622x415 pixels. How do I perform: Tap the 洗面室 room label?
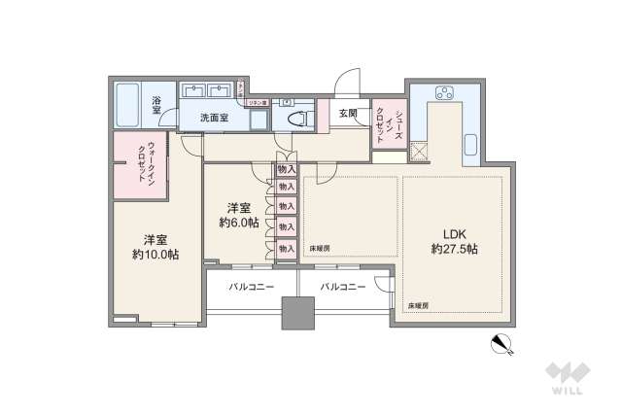click(214, 117)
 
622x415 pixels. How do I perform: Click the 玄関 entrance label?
click(348, 114)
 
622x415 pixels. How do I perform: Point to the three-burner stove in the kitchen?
click(445, 94)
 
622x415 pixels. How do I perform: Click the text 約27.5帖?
click(455, 250)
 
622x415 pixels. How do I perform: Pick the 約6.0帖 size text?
click(238, 223)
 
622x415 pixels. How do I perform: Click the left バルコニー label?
click(252, 287)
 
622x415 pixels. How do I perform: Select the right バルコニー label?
click(342, 287)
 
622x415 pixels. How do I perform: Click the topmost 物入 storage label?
click(286, 169)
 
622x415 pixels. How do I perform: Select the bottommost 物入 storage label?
click(286, 248)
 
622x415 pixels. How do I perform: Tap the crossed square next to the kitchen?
click(420, 152)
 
